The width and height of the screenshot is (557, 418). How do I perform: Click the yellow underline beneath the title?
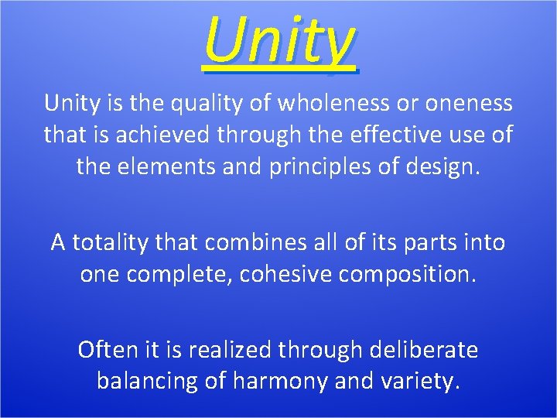279,70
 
